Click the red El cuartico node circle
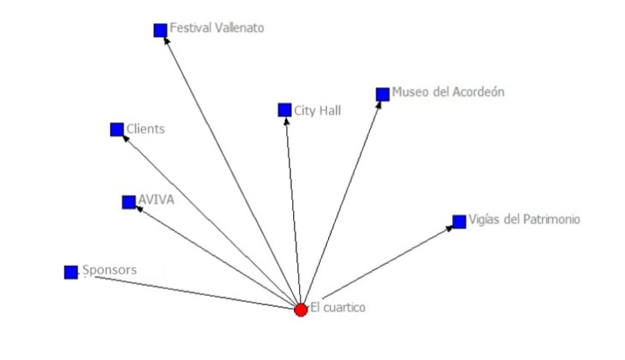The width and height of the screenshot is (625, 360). click(301, 309)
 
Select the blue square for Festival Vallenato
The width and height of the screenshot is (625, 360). click(160, 30)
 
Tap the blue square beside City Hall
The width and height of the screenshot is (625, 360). click(284, 110)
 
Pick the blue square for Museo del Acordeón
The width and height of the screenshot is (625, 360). click(383, 94)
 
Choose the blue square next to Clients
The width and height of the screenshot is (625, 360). click(117, 130)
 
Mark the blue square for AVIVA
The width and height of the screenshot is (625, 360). click(129, 202)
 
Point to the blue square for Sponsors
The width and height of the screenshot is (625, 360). click(71, 272)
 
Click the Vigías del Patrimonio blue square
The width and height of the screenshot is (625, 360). click(459, 221)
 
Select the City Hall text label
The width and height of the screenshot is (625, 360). click(318, 111)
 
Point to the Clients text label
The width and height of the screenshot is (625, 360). click(145, 129)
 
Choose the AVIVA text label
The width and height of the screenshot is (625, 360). click(156, 200)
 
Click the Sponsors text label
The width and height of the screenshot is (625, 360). click(110, 270)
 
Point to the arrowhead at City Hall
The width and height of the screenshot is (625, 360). click(286, 121)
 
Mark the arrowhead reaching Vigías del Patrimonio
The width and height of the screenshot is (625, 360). click(450, 227)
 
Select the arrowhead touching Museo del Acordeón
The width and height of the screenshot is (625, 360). click(378, 104)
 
